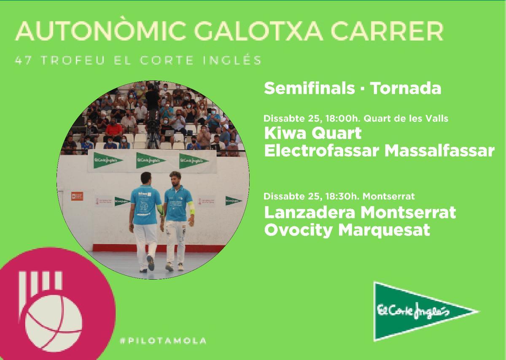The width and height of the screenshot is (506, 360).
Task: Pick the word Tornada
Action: pos(406,89)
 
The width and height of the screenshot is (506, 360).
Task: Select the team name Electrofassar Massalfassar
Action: pos(379,150)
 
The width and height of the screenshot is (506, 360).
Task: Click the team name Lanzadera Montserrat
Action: pos(360,212)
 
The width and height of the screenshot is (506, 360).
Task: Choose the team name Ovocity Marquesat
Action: pos(347,230)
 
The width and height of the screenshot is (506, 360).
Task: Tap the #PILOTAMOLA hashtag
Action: pos(163,341)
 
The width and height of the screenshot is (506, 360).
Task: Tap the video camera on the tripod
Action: pos(153,93)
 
